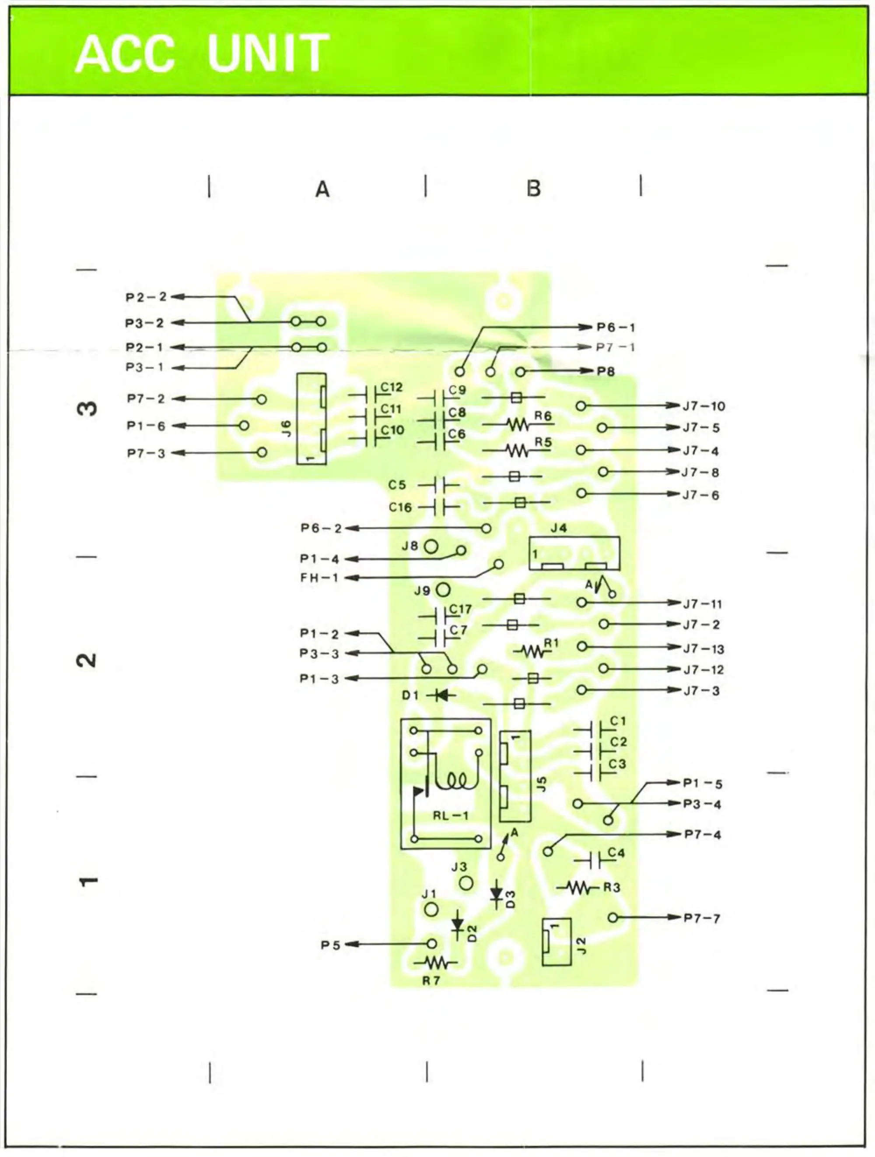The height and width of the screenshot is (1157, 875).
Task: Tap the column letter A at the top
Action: (x=322, y=189)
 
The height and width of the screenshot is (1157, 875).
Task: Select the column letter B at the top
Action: (x=534, y=188)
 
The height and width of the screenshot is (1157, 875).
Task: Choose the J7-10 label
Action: (x=703, y=406)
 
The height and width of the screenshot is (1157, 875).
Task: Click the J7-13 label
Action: (x=703, y=649)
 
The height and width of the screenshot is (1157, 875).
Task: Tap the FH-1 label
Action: (x=319, y=578)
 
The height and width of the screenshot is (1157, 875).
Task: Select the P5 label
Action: (x=330, y=945)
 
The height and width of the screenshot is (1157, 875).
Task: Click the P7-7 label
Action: (x=702, y=918)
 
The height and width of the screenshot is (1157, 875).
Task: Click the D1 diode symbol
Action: (x=442, y=695)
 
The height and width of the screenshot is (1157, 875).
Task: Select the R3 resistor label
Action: (x=612, y=888)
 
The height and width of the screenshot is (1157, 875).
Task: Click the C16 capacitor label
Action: (x=400, y=508)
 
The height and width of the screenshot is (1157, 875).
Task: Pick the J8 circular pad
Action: (x=430, y=547)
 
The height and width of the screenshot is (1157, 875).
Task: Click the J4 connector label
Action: (x=558, y=528)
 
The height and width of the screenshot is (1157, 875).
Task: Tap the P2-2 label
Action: (x=146, y=297)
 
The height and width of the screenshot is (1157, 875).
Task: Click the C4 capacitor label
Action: (x=616, y=853)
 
